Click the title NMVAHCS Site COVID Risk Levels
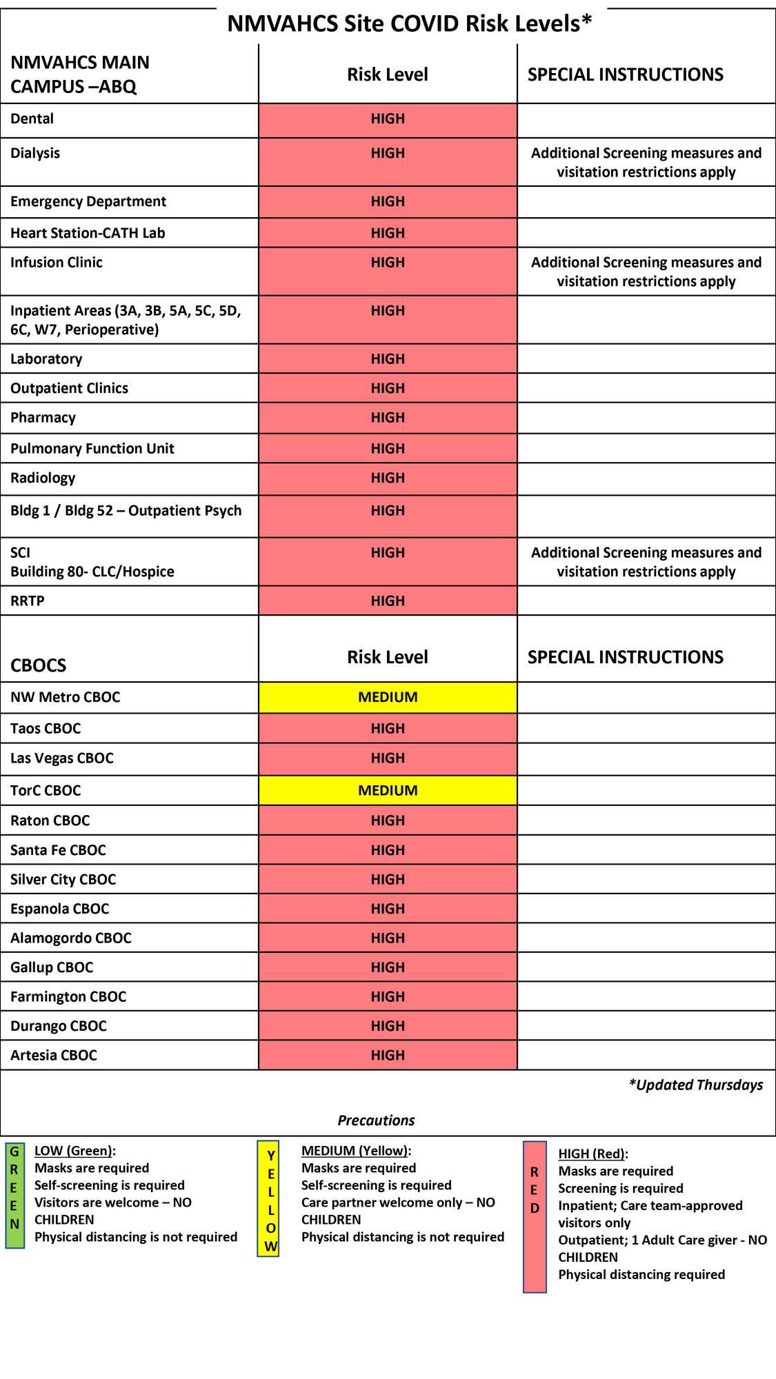coord(410,23)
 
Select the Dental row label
coord(32,119)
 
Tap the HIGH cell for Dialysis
coord(388,154)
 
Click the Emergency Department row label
coord(88,201)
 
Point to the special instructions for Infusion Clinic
coord(646,272)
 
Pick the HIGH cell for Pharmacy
coord(388,418)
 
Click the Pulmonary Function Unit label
coord(92,449)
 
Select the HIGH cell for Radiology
coord(388,478)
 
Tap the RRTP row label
coord(28,601)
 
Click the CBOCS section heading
coord(39,665)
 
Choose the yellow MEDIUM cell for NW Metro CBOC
coord(388,697)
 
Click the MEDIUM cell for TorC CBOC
coord(388,790)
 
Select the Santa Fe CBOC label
coord(59,850)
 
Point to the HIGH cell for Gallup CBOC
coord(388,967)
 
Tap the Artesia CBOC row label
coord(54,1055)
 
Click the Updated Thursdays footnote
coord(695,1085)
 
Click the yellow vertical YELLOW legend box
coord(268,1198)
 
